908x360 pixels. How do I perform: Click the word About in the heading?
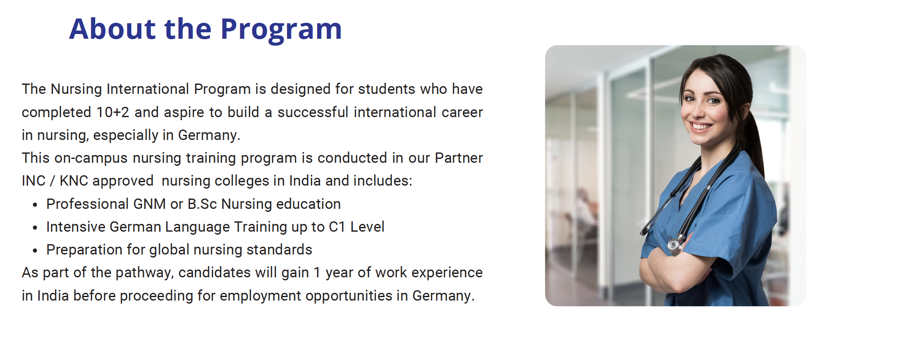(x=112, y=29)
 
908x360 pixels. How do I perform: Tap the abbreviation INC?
(x=34, y=181)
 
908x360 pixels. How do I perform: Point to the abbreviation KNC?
(x=74, y=181)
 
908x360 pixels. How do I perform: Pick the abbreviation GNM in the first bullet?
(x=149, y=204)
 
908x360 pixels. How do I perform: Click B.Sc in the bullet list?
(x=202, y=204)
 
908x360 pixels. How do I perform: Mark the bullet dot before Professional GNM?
(x=35, y=205)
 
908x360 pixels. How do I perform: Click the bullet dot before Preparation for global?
(x=35, y=251)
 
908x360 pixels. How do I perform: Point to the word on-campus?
(x=91, y=158)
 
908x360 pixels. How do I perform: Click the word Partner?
(x=459, y=158)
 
